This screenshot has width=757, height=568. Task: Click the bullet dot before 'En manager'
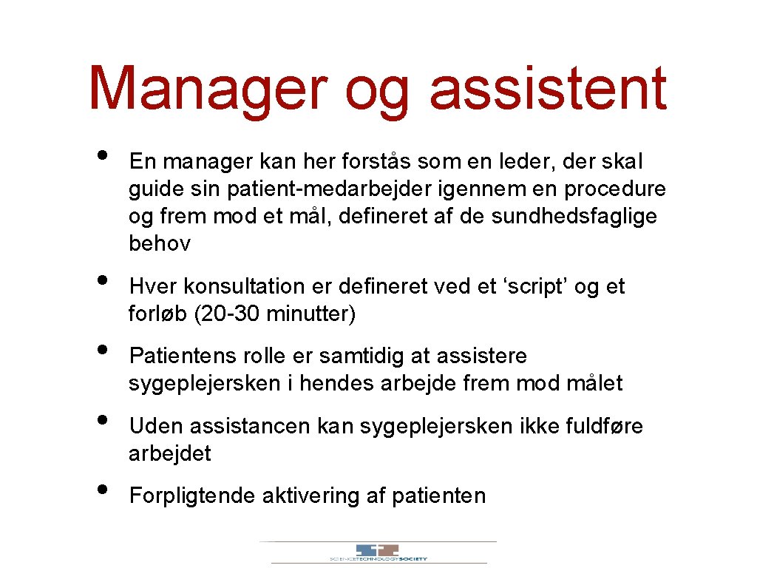(x=102, y=156)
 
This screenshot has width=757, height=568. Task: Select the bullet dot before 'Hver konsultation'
(x=102, y=281)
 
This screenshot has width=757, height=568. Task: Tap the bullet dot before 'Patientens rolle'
(x=102, y=351)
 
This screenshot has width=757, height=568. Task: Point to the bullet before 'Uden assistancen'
(x=102, y=421)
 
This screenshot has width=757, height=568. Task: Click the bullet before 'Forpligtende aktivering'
(x=102, y=490)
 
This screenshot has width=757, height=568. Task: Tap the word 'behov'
(x=160, y=243)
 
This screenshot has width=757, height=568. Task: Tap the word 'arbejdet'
(x=169, y=453)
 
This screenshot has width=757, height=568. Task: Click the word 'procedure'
(x=615, y=189)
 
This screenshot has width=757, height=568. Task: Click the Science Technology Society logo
(x=378, y=552)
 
